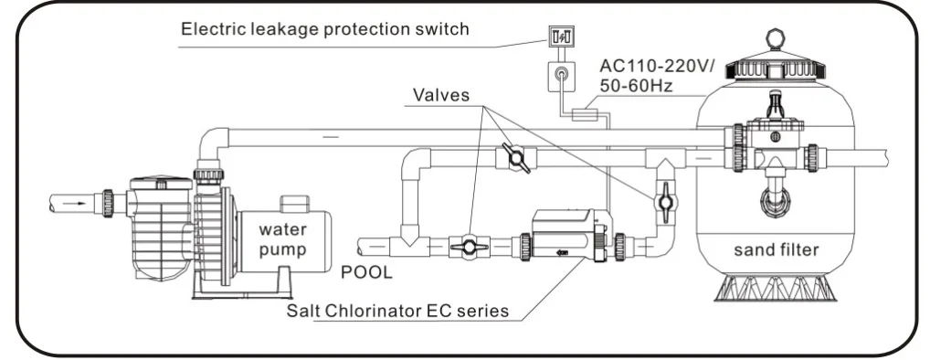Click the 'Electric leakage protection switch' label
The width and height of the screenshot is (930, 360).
[324, 29]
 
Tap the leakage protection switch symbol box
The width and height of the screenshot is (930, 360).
[561, 37]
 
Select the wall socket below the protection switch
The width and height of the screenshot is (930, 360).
[561, 75]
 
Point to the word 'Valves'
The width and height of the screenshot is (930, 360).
[441, 95]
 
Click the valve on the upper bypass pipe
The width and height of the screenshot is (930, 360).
[515, 158]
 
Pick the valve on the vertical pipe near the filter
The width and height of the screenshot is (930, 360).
[665, 202]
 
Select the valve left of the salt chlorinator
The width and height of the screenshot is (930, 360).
[469, 246]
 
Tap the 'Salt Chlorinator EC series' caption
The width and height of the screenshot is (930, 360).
[397, 311]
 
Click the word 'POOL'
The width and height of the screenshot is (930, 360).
[366, 273]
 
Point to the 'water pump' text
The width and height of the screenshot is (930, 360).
[283, 239]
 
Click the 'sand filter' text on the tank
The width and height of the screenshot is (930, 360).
[776, 249]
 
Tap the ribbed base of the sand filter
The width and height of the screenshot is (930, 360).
[775, 288]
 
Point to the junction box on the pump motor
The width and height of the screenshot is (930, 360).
[294, 204]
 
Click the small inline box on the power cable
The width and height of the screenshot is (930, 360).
[584, 114]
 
